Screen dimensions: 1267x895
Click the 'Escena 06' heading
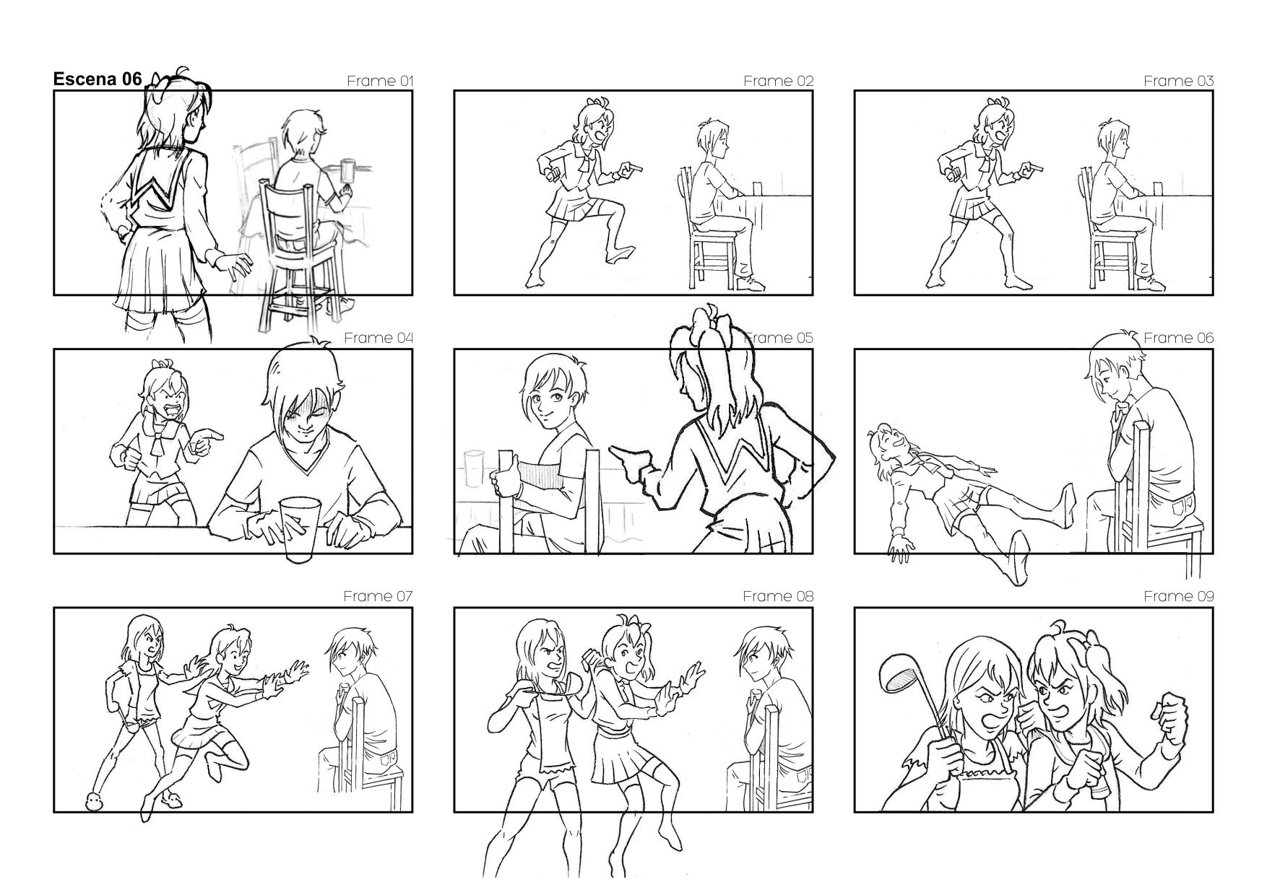click(98, 79)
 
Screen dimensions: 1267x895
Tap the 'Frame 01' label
click(380, 81)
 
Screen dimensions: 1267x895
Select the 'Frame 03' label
click(1179, 81)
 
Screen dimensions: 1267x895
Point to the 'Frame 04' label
click(379, 338)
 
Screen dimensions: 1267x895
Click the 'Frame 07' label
click(378, 596)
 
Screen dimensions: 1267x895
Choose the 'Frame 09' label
click(1179, 596)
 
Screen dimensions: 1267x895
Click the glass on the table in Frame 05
click(474, 467)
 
